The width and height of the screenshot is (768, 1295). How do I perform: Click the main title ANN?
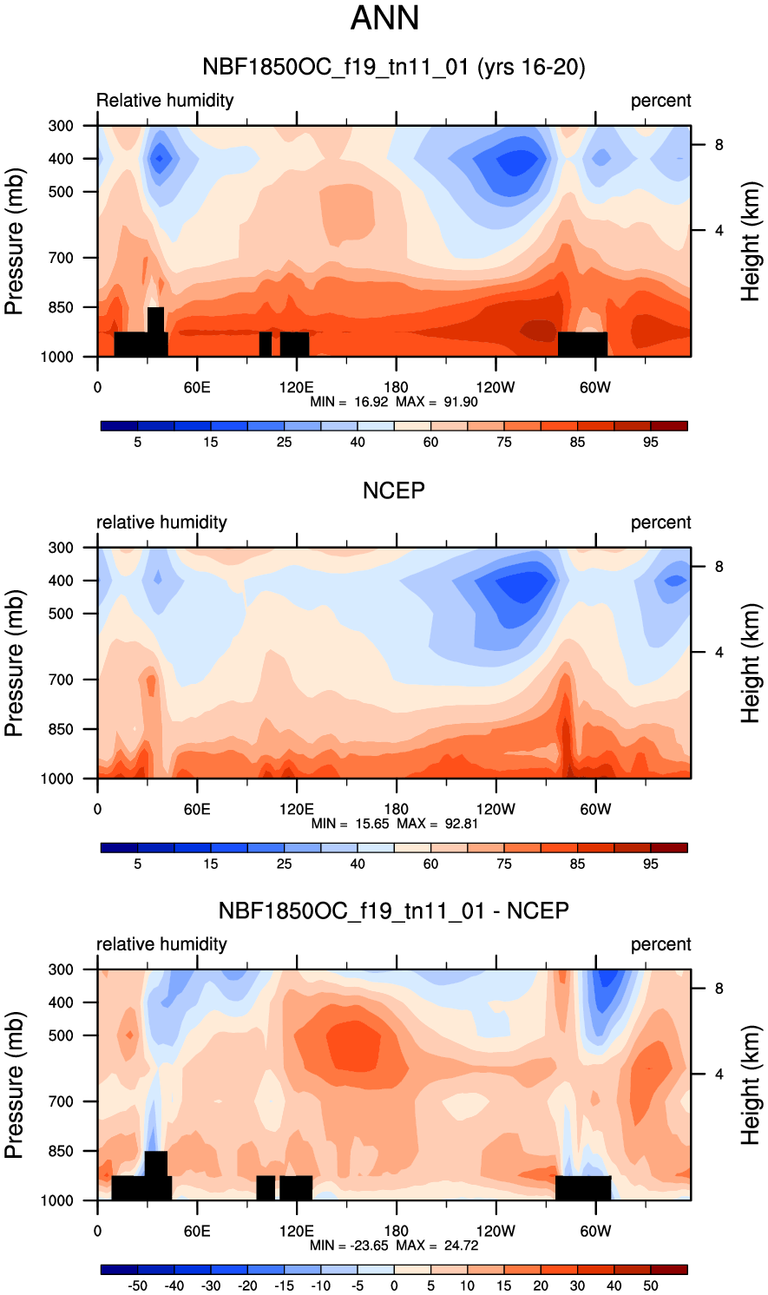tap(384, 18)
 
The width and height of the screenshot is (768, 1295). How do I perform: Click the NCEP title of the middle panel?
tap(393, 490)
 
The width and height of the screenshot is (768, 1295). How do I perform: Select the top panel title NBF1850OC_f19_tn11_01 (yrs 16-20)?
tap(393, 67)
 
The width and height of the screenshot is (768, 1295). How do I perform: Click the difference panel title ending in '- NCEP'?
tap(393, 911)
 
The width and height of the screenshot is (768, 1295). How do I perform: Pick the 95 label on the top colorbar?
tap(651, 443)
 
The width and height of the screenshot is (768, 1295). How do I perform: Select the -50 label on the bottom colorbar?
tap(137, 1286)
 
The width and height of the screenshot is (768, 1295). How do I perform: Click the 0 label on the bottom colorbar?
tap(394, 1286)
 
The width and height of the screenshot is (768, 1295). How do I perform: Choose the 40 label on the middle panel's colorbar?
tap(358, 864)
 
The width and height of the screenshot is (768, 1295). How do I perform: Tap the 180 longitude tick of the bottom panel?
tap(396, 1232)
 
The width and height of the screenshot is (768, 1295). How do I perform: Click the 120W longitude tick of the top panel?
tap(496, 388)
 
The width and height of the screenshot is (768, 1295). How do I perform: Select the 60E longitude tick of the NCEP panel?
tap(197, 810)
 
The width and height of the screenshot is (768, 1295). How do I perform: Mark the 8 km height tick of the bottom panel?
tap(719, 989)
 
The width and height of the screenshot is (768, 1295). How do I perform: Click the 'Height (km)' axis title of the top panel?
tap(750, 241)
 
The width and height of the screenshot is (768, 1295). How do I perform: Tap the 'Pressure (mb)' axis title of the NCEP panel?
tap(14, 663)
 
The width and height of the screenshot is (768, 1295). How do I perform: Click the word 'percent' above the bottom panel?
tap(660, 944)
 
